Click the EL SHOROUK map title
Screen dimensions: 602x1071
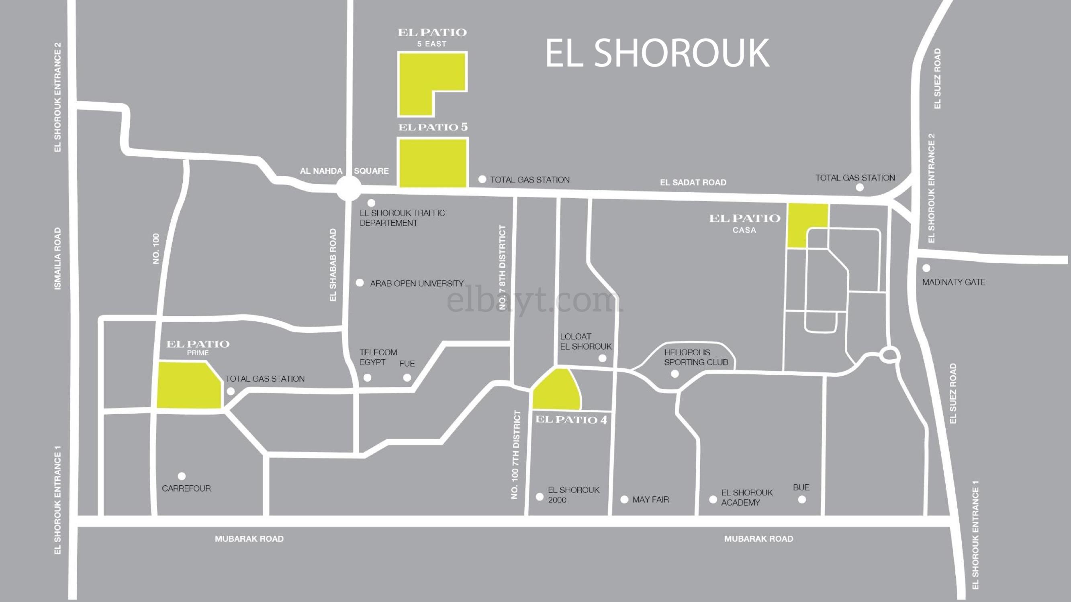pyautogui.click(x=657, y=53)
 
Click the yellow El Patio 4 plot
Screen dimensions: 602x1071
pyautogui.click(x=556, y=393)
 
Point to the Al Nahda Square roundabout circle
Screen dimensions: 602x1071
pyautogui.click(x=349, y=189)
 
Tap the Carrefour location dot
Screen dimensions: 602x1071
pyautogui.click(x=182, y=476)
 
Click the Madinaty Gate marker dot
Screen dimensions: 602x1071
pyautogui.click(x=926, y=268)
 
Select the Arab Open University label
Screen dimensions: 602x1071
pyautogui.click(x=417, y=284)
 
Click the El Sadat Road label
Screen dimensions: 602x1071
pyautogui.click(x=693, y=182)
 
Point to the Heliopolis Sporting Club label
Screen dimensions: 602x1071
pyautogui.click(x=696, y=357)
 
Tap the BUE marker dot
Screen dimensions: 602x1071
pyautogui.click(x=802, y=499)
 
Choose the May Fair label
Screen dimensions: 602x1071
pyautogui.click(x=651, y=500)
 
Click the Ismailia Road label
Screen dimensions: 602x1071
pyautogui.click(x=58, y=258)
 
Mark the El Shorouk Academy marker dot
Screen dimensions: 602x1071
pyautogui.click(x=713, y=500)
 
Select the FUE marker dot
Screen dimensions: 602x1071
pyautogui.click(x=407, y=378)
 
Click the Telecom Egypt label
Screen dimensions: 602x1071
pyautogui.click(x=378, y=357)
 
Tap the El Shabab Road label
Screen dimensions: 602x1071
pyautogui.click(x=333, y=264)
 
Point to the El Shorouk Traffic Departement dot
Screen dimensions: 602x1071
pyautogui.click(x=372, y=203)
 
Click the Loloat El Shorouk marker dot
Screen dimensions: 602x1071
pyautogui.click(x=603, y=358)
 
